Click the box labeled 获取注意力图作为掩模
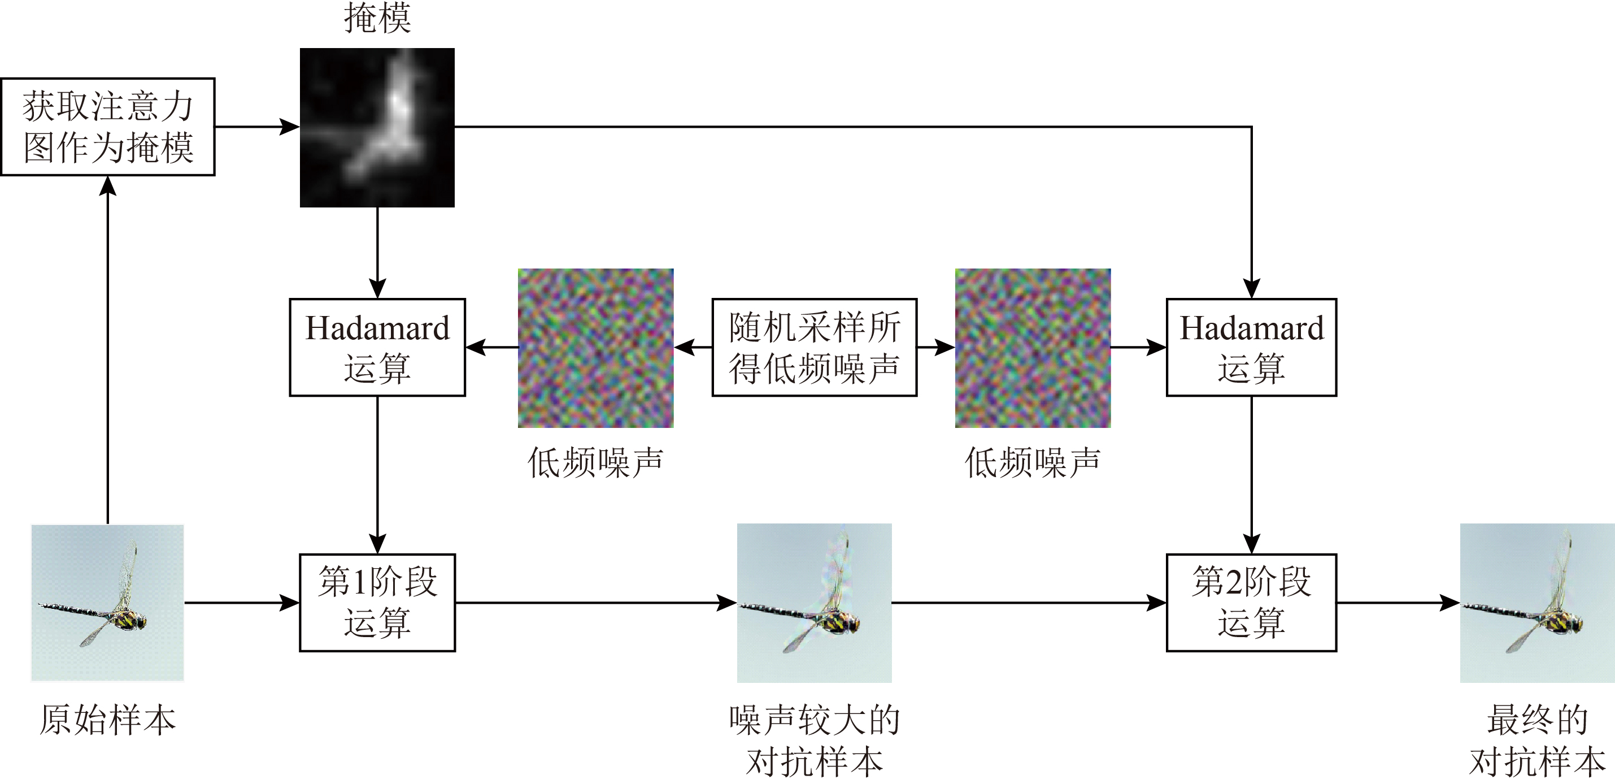108,127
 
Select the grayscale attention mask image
377,127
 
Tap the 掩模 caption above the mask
377,18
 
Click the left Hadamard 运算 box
377,347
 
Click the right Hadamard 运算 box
1251,347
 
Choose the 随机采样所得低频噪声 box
815,347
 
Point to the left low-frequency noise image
595,348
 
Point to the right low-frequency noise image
1033,348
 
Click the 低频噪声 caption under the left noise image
595,463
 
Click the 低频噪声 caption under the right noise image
1033,463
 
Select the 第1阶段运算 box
377,603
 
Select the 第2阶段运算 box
1251,603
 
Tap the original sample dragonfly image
108,603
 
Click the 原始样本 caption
108,720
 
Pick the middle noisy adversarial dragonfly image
815,603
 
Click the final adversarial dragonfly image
1537,603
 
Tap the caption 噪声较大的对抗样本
815,741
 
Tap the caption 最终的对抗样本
1537,741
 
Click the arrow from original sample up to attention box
108,349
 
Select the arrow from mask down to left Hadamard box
377,253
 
